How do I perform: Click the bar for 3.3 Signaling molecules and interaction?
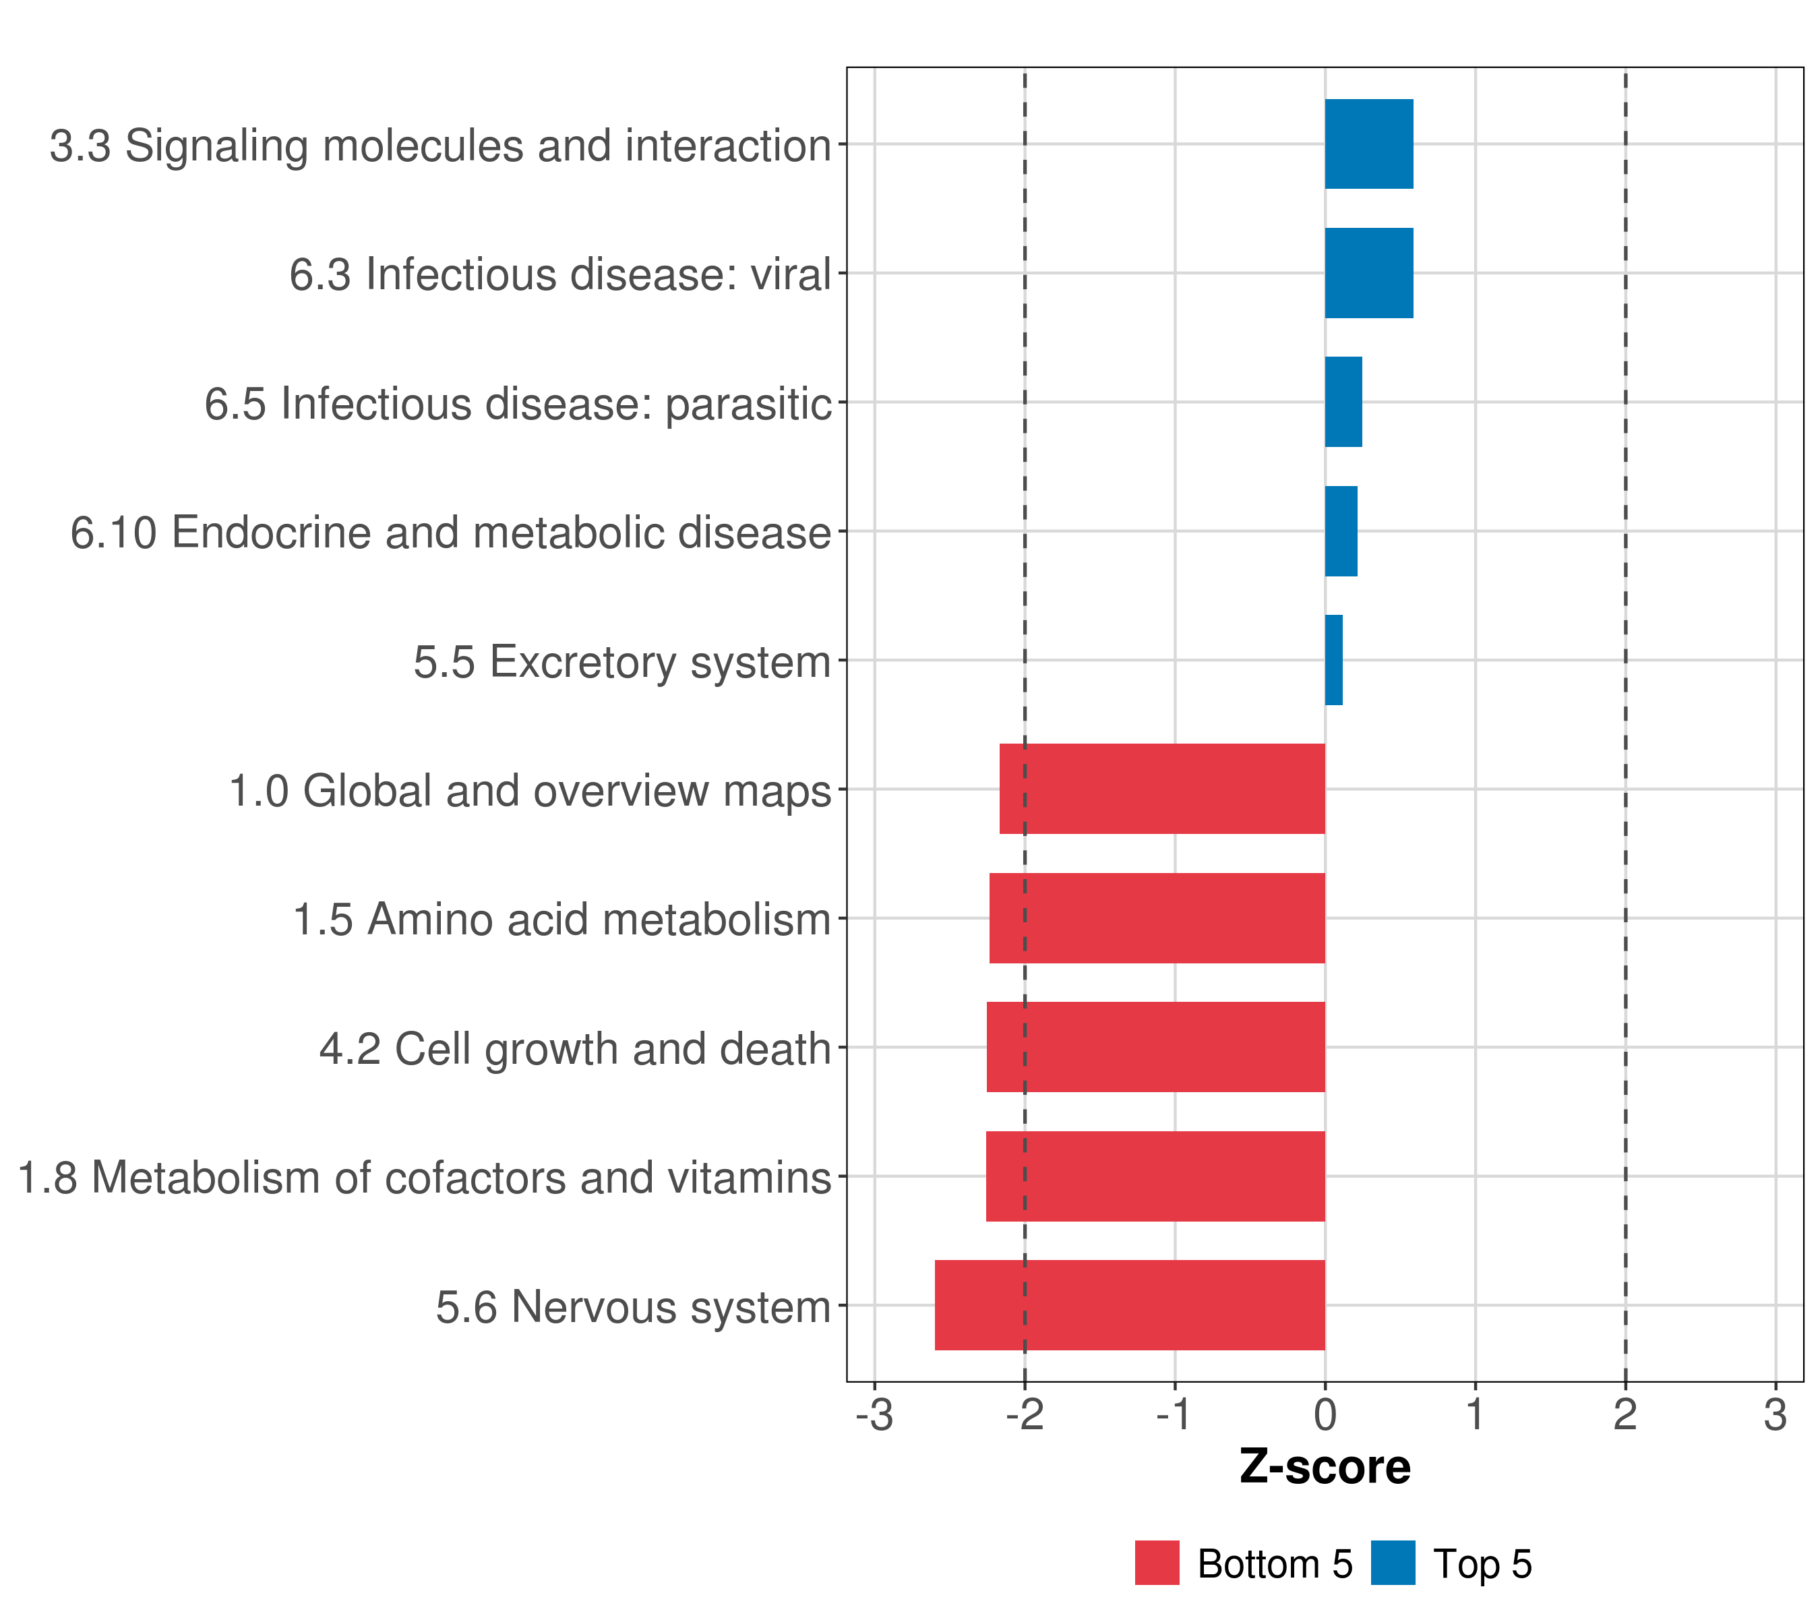tap(1368, 144)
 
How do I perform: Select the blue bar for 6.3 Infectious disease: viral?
tap(1368, 274)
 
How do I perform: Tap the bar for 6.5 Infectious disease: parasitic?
tap(1343, 402)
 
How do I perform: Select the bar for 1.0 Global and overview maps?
tap(1162, 789)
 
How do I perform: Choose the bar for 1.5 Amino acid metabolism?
tap(1157, 918)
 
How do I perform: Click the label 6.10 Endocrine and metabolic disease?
tap(450, 533)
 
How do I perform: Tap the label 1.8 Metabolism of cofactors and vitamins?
tap(424, 1177)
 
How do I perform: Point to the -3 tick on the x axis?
tap(874, 1415)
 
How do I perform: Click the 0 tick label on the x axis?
tap(1325, 1415)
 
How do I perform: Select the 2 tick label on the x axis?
tap(1625, 1415)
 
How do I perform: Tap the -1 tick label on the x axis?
tap(1174, 1415)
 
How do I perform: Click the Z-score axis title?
tap(1325, 1468)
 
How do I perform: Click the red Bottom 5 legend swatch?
tap(1157, 1563)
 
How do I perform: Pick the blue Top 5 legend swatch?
tap(1393, 1563)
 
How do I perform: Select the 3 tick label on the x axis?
tap(1776, 1415)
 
